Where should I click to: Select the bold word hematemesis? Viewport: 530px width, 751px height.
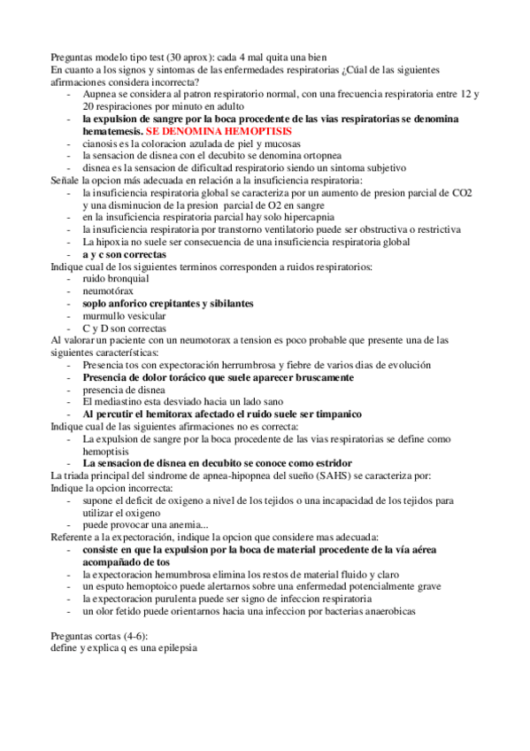coord(112,130)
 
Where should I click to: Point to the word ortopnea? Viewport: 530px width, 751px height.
coord(320,155)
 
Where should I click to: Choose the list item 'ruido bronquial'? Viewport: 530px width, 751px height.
coord(116,278)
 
